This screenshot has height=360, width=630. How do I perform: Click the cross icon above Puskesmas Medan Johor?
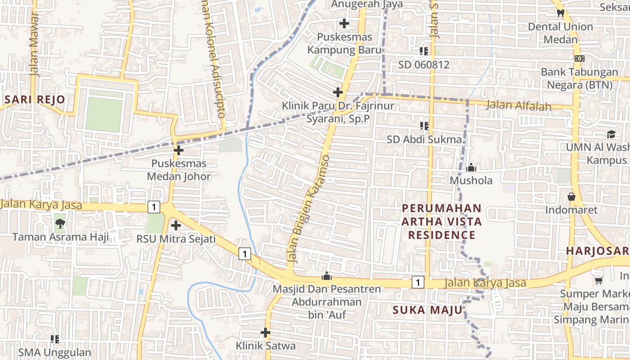179,150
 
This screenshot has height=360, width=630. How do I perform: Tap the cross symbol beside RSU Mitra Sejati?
176,225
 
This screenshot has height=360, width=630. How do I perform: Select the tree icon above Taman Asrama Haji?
59,223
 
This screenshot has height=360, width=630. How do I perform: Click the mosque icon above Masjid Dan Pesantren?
327,276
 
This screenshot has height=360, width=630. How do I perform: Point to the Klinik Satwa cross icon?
265,333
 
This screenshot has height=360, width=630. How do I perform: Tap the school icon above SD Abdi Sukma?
424,126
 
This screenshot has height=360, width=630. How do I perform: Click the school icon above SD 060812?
423,51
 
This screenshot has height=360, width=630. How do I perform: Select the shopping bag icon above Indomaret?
571,197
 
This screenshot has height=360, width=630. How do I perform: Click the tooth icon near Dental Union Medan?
560,13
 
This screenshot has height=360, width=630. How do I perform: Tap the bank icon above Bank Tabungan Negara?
580,58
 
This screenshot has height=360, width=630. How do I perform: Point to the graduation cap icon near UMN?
611,134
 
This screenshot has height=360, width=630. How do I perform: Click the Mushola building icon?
471,168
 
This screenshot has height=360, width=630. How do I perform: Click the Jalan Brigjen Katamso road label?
309,209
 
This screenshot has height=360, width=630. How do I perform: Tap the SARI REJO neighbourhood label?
35,99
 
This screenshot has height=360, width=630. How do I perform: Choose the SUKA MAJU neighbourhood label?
427,310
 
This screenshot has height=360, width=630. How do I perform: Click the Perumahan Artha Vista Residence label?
441,221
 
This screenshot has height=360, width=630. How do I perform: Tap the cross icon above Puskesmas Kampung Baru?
344,23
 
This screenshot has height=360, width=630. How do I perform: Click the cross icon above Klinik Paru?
338,92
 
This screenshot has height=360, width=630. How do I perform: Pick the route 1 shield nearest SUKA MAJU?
418,282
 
